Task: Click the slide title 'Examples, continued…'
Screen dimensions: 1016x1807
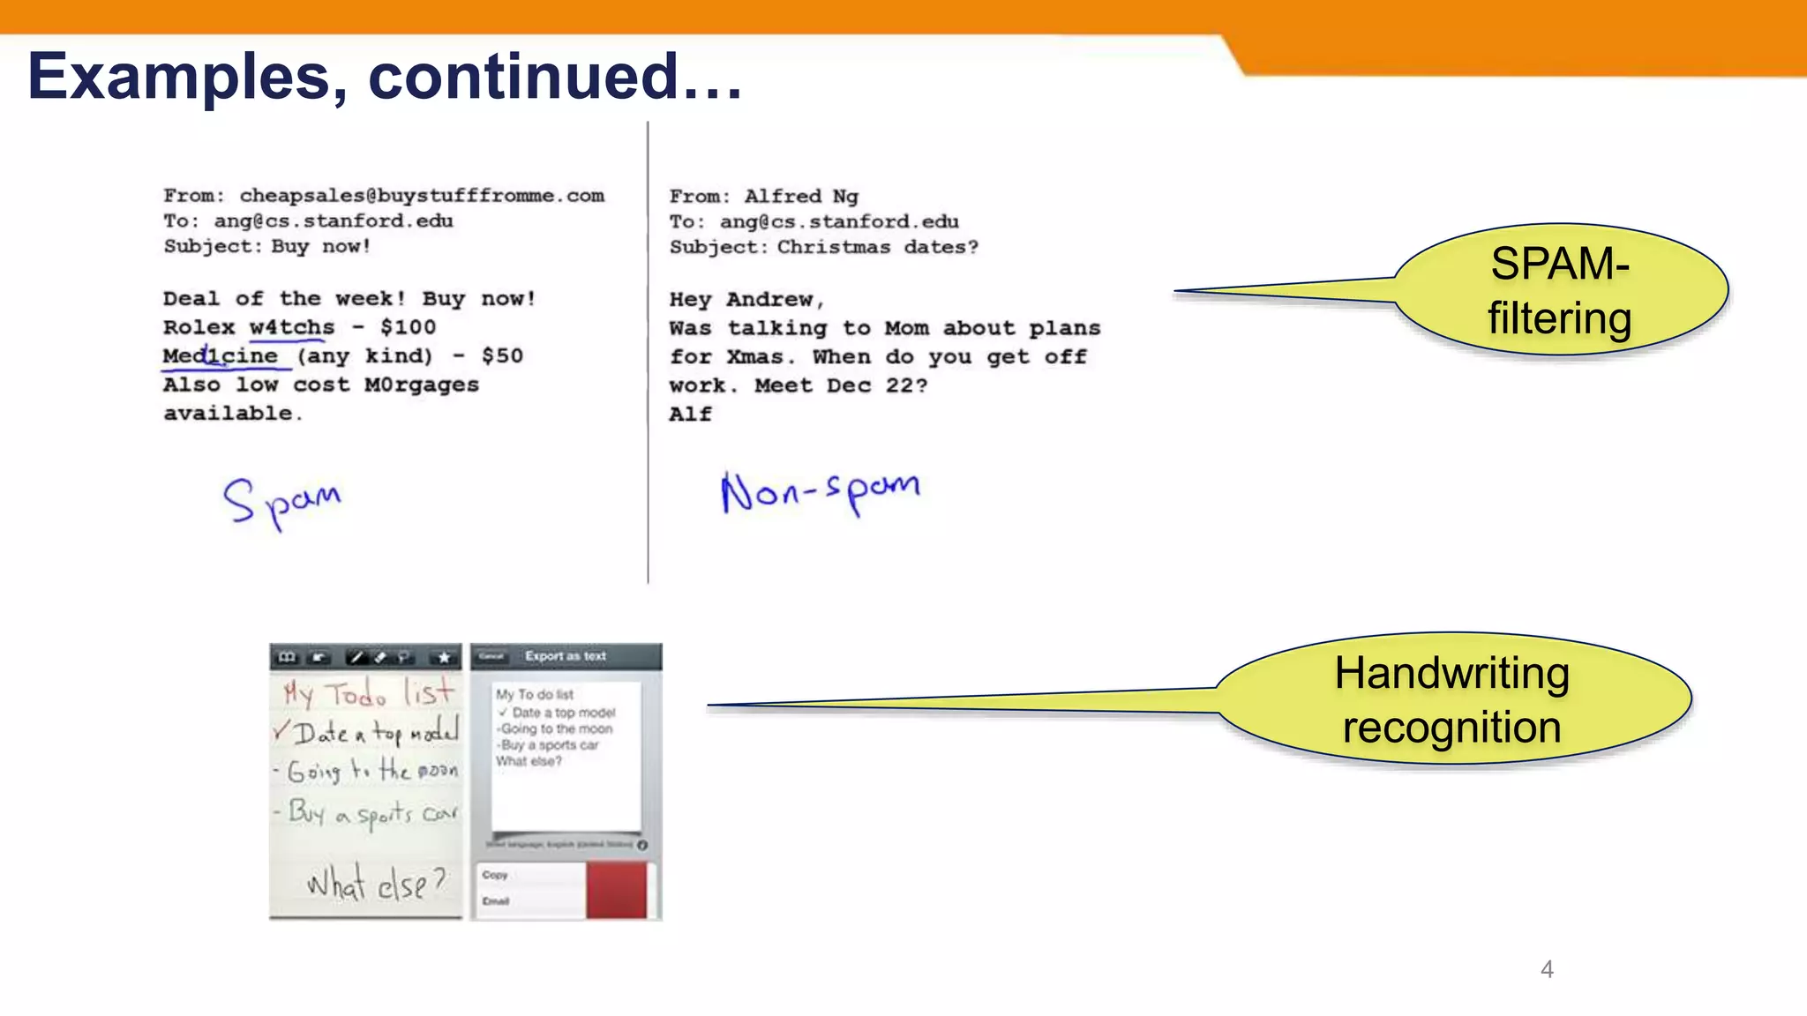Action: (385, 77)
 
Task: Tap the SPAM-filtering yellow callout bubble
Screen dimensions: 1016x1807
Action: (1560, 291)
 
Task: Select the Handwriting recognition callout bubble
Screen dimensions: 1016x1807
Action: (1452, 699)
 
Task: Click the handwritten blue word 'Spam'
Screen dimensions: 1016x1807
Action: (281, 503)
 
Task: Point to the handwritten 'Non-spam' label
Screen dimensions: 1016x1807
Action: (820, 492)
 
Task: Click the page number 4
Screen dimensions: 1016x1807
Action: (1547, 969)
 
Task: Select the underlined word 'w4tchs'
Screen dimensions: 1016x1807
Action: (292, 327)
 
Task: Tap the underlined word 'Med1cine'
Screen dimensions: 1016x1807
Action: (220, 356)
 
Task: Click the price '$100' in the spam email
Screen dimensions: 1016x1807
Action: (408, 327)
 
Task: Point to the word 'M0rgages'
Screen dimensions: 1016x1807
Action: (422, 385)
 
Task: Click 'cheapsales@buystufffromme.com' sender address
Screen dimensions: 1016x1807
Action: (422, 196)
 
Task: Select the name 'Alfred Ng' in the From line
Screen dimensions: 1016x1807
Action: (800, 197)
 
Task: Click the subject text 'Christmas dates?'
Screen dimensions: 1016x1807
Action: (877, 248)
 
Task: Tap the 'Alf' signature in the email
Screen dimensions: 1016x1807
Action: (690, 415)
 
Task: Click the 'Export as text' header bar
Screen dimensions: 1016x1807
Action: (566, 656)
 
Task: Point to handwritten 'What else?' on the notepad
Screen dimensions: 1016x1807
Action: (376, 883)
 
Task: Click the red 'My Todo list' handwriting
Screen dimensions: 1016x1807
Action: (368, 693)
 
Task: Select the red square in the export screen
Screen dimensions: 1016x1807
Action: (616, 891)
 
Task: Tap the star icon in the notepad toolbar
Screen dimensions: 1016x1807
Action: (444, 657)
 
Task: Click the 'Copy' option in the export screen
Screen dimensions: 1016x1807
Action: (495, 875)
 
